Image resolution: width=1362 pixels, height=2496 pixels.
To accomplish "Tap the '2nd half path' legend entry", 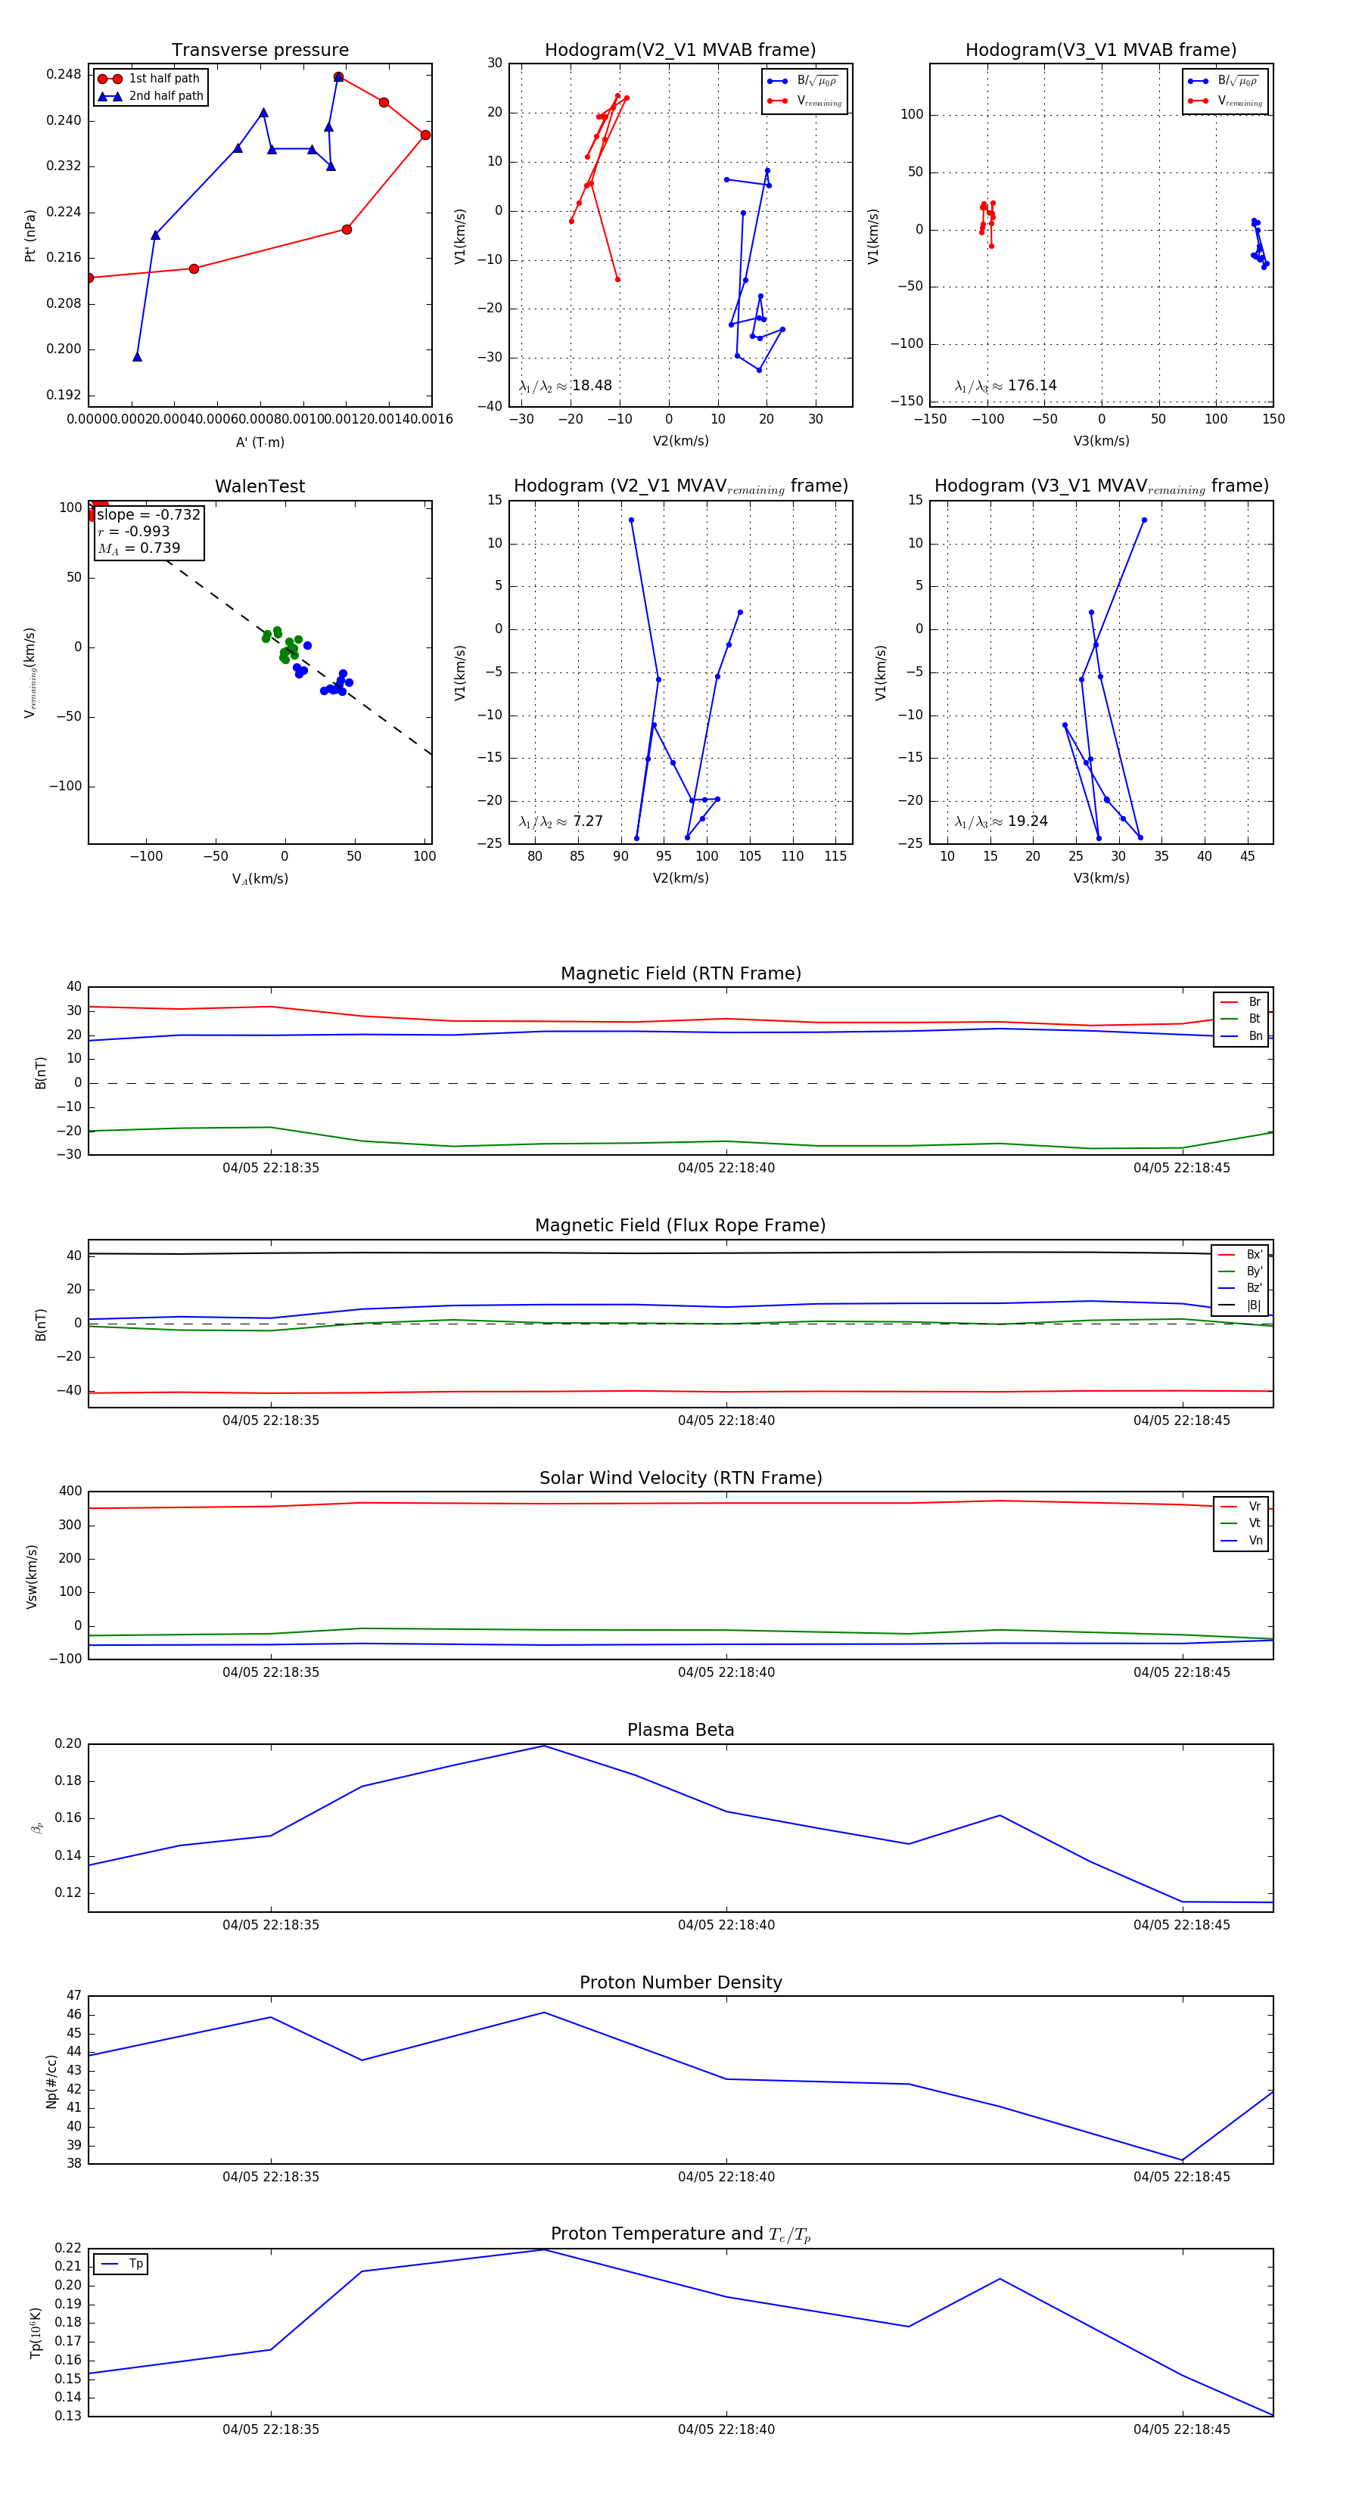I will (x=166, y=96).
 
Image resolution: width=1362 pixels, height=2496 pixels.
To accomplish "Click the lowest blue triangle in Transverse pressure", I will (x=137, y=356).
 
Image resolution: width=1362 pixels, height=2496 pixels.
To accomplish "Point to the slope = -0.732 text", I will (x=148, y=514).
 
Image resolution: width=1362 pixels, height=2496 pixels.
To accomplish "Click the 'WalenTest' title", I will (x=260, y=486).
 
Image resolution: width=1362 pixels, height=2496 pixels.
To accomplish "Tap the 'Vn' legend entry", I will (x=1255, y=1541).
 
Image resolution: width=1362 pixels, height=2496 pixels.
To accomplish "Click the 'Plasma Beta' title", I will (x=680, y=1730).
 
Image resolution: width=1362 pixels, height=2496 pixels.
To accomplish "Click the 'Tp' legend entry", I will (x=135, y=2264).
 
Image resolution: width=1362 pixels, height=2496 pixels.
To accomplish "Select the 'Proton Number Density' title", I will (x=680, y=1982).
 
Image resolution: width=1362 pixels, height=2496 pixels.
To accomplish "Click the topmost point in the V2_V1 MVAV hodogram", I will (x=631, y=520).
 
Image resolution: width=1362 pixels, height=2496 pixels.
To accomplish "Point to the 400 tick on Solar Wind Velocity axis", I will (x=70, y=1492).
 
